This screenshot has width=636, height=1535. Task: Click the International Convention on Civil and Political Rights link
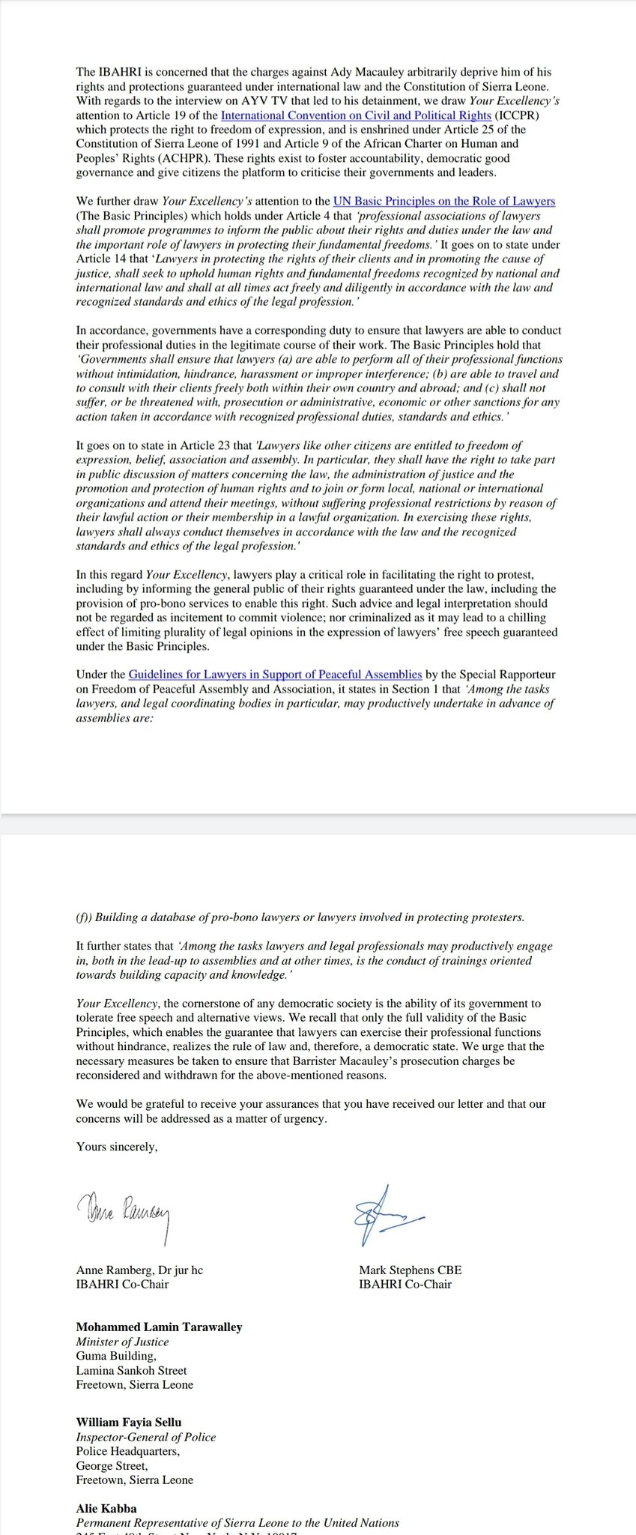[356, 115]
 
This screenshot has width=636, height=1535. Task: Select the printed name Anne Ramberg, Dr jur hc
[139, 1270]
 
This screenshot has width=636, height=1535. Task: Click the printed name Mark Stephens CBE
[411, 1270]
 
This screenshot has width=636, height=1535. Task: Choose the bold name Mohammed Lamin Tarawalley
[159, 1327]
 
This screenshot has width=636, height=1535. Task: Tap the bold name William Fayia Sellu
[129, 1422]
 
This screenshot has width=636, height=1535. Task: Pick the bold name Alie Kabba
[106, 1508]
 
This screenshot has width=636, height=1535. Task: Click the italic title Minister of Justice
[122, 1342]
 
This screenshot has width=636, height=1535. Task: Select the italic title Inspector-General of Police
[145, 1437]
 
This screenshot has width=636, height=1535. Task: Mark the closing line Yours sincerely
[117, 1147]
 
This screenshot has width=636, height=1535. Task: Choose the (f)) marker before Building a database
[84, 917]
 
